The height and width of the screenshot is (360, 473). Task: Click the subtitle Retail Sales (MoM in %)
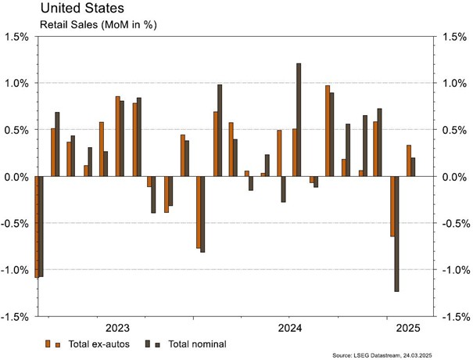pos(87,24)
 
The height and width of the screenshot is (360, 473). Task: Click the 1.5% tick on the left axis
pos(17,37)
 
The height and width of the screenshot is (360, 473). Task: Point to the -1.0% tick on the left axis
pos(16,270)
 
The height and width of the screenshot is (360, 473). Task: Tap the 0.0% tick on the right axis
pos(456,177)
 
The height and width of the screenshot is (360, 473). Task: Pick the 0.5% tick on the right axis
pos(456,130)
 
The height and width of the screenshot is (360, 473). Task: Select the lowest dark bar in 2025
pos(397,234)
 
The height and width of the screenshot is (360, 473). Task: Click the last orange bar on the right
pos(408,160)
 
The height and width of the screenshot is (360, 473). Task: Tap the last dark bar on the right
pos(414,167)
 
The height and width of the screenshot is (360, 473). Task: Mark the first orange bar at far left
pos(37,227)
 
